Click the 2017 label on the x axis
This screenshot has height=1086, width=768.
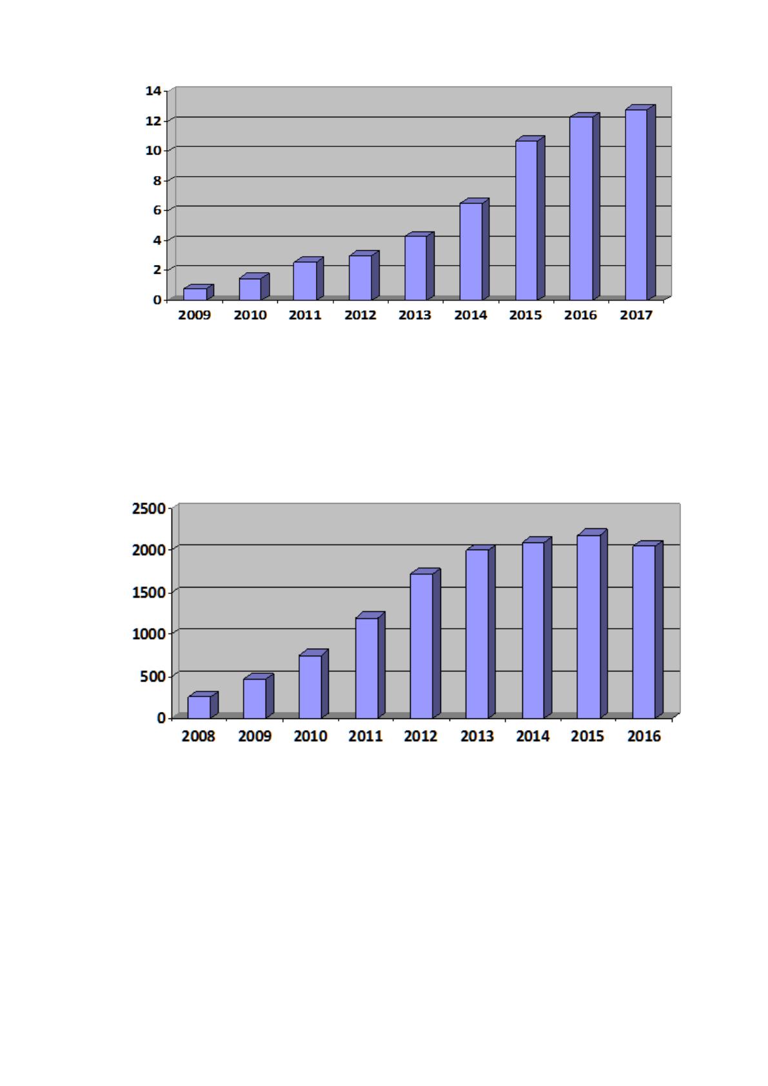pyautogui.click(x=636, y=315)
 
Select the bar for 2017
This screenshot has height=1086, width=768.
pyautogui.click(x=640, y=202)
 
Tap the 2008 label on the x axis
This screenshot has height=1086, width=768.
pyautogui.click(x=198, y=736)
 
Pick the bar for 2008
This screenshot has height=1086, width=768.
pyautogui.click(x=202, y=705)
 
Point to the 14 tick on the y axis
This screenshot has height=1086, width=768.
pyautogui.click(x=153, y=91)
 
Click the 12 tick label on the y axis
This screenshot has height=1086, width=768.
pyautogui.click(x=153, y=121)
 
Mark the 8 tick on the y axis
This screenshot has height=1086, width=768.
pyautogui.click(x=157, y=181)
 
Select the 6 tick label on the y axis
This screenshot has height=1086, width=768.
pyautogui.click(x=157, y=210)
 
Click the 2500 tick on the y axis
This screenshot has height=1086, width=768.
pyautogui.click(x=150, y=509)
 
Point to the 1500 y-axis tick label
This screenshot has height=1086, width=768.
pyautogui.click(x=150, y=593)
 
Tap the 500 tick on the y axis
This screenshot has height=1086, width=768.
pyautogui.click(x=153, y=676)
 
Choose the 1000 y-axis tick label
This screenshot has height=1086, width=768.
pyautogui.click(x=150, y=634)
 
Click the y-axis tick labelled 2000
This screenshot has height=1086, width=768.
pyautogui.click(x=150, y=550)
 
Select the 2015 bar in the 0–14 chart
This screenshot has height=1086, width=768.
pyautogui.click(x=530, y=218)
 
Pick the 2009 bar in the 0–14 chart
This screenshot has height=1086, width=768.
pyautogui.click(x=199, y=292)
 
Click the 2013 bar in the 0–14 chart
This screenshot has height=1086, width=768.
pyautogui.click(x=419, y=266)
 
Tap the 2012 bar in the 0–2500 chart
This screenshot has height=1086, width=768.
pyautogui.click(x=425, y=644)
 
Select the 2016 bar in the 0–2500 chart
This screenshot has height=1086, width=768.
pyautogui.click(x=647, y=630)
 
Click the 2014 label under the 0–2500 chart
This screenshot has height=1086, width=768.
pyautogui.click(x=533, y=736)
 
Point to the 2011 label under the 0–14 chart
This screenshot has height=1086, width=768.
pyautogui.click(x=305, y=315)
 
